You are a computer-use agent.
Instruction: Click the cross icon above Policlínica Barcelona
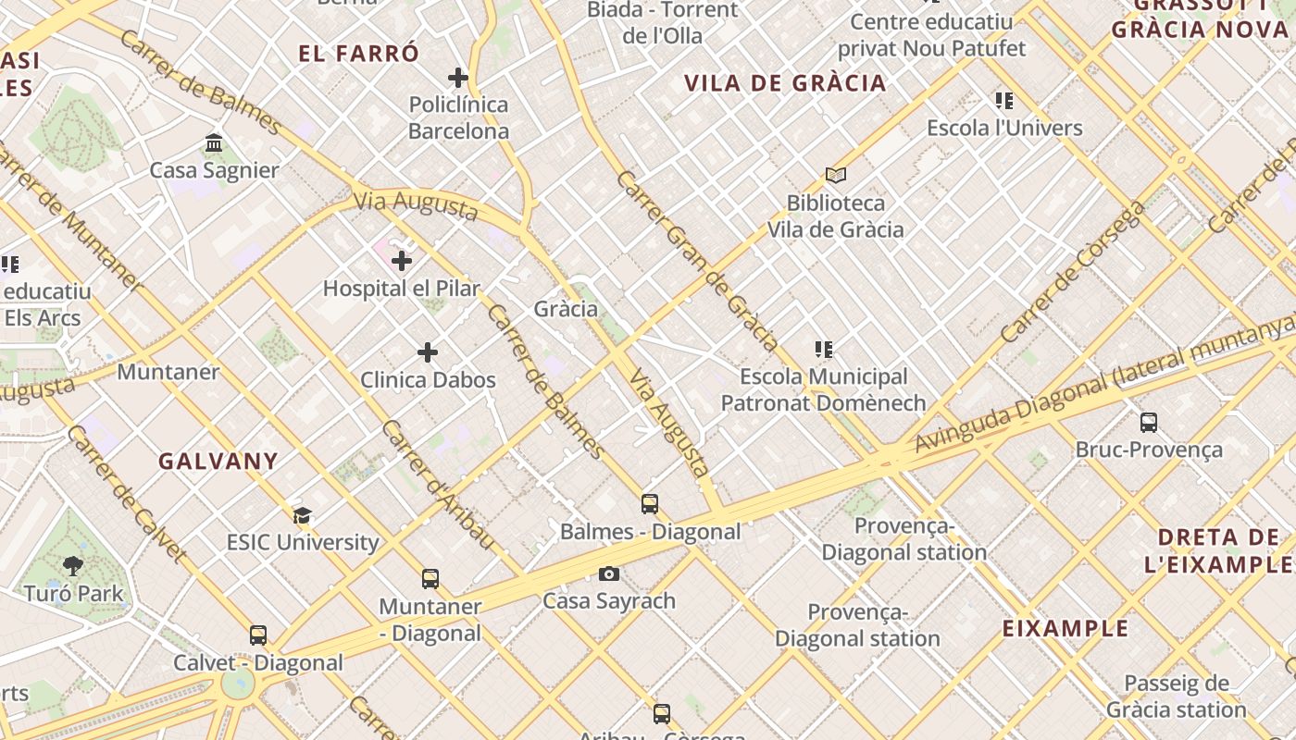[457, 78]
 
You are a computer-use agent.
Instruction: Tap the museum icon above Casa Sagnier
[214, 143]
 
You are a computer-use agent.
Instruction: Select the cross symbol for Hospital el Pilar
[402, 262]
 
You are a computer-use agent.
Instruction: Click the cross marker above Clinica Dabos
[428, 352]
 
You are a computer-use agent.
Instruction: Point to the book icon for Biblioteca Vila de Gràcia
[836, 175]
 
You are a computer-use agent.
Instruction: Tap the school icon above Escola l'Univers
[1004, 101]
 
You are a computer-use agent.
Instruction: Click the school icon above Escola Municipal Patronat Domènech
[823, 350]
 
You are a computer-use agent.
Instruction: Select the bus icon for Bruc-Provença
[1149, 423]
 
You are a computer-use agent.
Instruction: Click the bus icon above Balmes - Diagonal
[650, 504]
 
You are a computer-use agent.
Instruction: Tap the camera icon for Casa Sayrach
[608, 574]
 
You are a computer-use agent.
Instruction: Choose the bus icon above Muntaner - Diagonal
[430, 579]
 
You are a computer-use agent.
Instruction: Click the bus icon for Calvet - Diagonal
[258, 635]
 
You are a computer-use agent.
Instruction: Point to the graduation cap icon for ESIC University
[302, 515]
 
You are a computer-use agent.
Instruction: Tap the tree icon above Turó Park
[72, 566]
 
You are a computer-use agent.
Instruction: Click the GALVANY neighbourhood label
[218, 462]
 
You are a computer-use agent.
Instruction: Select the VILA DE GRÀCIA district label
[785, 83]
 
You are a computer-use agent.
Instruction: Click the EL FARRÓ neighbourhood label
[358, 54]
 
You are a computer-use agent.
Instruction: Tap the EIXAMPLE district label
[1065, 629]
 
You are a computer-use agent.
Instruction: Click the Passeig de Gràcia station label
[1176, 697]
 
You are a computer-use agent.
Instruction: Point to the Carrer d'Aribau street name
[438, 486]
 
